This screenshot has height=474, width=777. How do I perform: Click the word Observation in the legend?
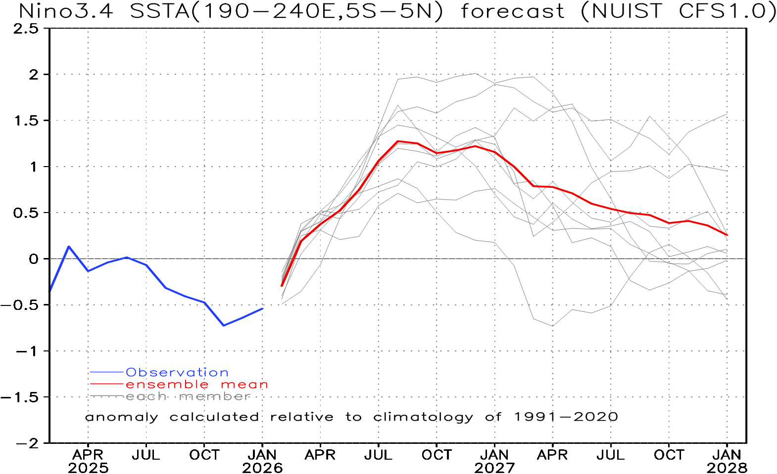point(177,372)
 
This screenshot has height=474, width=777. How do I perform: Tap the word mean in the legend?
point(244,385)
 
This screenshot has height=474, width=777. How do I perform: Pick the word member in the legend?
point(215,396)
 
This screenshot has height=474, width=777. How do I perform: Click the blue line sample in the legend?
point(106,372)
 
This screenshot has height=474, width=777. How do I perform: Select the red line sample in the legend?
point(106,384)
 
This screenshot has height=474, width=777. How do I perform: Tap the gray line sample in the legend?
point(106,396)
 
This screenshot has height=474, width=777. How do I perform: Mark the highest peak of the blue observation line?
point(69,246)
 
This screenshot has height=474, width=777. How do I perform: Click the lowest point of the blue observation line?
point(224,325)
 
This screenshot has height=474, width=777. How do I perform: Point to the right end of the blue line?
point(263,308)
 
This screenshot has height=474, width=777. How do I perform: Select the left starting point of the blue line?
point(50,290)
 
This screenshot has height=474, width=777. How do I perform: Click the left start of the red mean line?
point(282,286)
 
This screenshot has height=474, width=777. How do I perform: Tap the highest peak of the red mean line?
point(398,141)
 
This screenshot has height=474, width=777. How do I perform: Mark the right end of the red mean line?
point(728,235)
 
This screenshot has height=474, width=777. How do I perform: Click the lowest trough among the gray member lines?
point(553,326)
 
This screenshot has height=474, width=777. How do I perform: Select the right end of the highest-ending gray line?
point(727,114)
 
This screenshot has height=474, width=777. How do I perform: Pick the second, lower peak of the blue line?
point(127,257)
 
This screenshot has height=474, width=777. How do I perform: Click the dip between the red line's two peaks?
point(437,153)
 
